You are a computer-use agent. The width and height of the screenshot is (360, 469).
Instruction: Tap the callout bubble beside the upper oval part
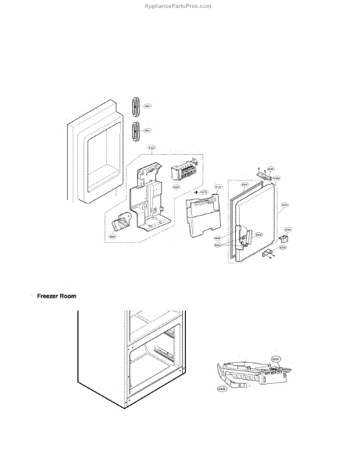point(148,106)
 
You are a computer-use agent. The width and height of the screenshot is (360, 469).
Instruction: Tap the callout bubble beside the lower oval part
point(148,131)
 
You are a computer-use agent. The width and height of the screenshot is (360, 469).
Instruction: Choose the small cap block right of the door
point(285,234)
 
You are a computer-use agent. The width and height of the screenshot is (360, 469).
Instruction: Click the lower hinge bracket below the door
point(269,252)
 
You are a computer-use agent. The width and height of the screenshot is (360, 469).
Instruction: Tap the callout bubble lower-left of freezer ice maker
point(222,388)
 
